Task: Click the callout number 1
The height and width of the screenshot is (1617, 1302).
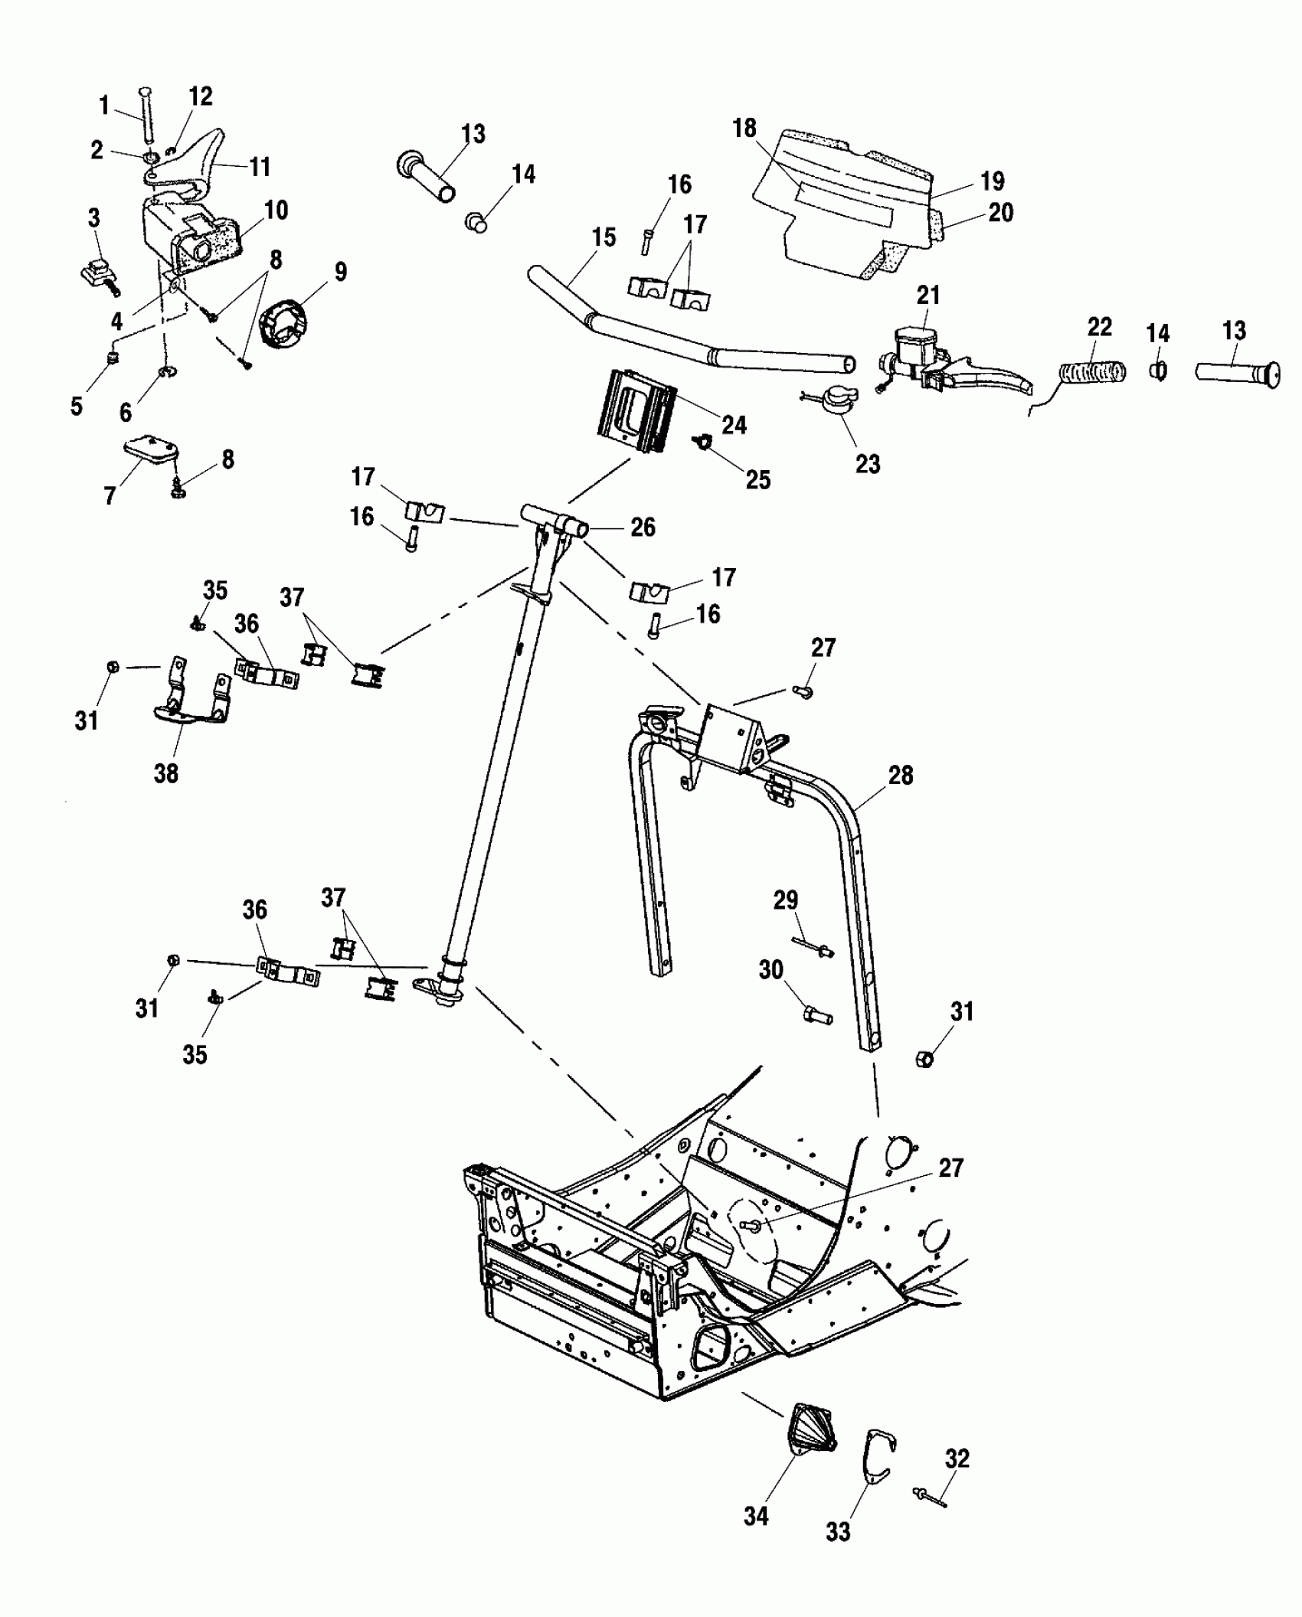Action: point(104,105)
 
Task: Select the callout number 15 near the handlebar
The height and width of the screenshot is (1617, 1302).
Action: point(604,237)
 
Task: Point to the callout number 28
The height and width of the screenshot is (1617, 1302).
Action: point(900,775)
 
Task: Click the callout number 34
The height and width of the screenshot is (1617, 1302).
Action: point(755,1515)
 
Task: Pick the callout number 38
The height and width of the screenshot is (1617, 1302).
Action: point(165,773)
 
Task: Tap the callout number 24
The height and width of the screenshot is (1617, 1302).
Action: point(734,424)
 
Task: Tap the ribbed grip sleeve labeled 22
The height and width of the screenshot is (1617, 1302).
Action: point(1092,373)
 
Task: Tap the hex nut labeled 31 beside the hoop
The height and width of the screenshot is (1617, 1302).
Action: point(924,1060)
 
